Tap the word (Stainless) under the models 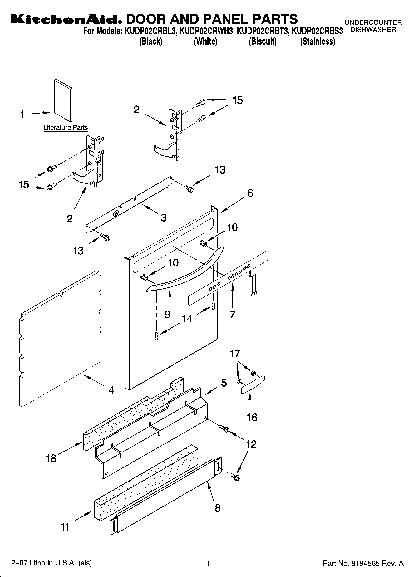(317, 42)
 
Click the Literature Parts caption (66, 128)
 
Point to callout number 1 (22, 115)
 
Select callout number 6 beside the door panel (250, 193)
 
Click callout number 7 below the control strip (232, 315)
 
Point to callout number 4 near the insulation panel (111, 390)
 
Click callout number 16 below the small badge (252, 417)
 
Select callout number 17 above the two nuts (235, 353)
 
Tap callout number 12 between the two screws (251, 444)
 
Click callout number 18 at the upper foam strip (51, 458)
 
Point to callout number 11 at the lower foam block (65, 527)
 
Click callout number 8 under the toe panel (218, 508)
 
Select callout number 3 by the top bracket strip (164, 218)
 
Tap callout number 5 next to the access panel (224, 383)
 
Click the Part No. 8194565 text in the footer (363, 563)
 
